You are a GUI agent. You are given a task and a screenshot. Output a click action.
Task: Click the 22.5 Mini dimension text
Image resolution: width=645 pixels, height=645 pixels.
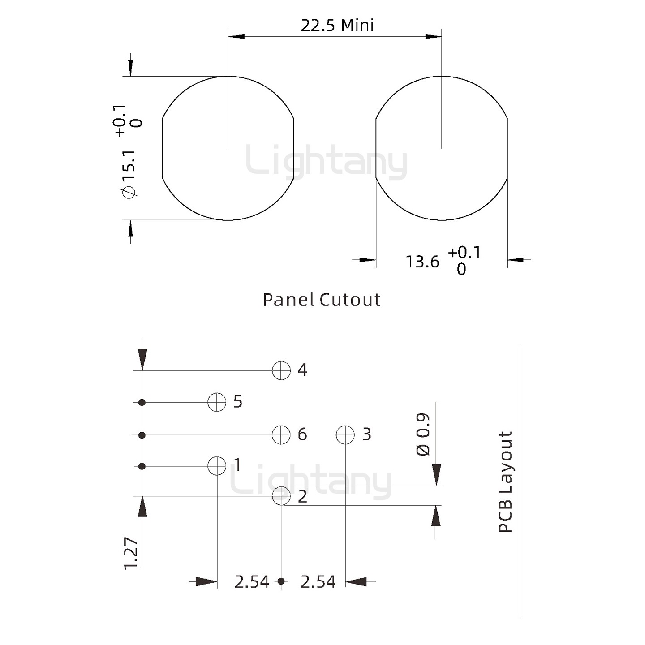[337, 26]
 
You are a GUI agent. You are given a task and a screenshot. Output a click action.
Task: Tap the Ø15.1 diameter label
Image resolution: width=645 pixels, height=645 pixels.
[129, 174]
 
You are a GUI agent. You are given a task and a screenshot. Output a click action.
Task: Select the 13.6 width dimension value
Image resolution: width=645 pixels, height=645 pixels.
[422, 262]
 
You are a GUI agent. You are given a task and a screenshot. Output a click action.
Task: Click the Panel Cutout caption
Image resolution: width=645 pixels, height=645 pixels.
[321, 300]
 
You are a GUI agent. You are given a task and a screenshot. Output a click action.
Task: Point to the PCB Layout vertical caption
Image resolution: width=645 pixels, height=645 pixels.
[505, 482]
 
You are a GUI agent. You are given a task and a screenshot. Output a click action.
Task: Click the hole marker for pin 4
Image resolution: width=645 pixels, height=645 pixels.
[281, 370]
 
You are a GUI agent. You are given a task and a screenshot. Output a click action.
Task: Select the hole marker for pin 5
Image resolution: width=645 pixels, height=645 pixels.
[217, 402]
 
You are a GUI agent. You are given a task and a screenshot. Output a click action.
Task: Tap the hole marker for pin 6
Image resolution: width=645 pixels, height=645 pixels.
[281, 435]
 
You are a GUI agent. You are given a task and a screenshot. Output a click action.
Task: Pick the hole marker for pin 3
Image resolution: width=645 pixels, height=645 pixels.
[345, 435]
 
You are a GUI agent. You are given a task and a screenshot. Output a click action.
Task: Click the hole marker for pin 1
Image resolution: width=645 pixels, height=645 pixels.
[217, 465]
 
